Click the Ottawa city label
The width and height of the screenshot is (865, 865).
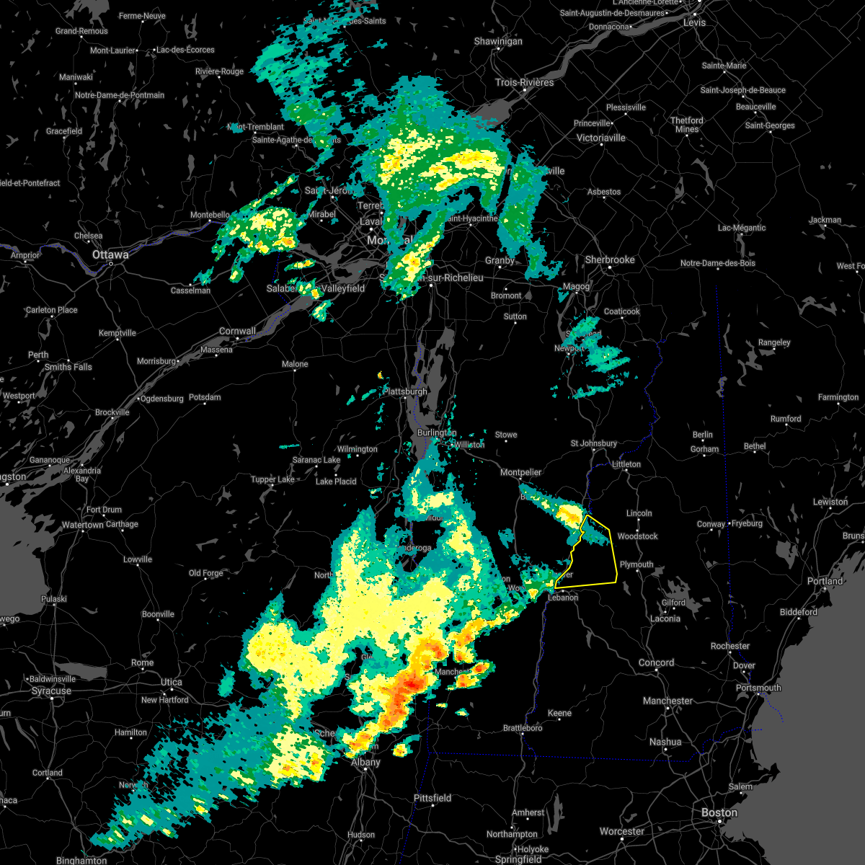[x=110, y=254]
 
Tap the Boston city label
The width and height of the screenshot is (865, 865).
[x=719, y=812]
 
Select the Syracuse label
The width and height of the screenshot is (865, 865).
[x=51, y=691]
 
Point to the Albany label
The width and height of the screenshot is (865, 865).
[x=365, y=762]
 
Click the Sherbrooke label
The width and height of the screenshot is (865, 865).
[x=610, y=259]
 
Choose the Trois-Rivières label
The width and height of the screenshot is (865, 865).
[x=524, y=82]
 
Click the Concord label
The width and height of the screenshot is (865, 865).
[x=656, y=662]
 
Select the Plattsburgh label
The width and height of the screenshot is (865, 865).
[x=405, y=391]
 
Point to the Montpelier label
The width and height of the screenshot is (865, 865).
[x=520, y=472]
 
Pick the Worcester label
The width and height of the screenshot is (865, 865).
[x=622, y=831]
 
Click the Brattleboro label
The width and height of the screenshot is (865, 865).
[x=523, y=728]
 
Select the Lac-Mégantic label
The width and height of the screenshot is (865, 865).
[x=742, y=228]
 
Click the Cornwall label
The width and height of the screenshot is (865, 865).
[x=237, y=332]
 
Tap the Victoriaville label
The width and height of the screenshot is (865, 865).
[x=601, y=138]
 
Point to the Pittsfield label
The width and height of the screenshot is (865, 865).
[x=432, y=798]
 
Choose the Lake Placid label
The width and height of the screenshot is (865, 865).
[x=336, y=481]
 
